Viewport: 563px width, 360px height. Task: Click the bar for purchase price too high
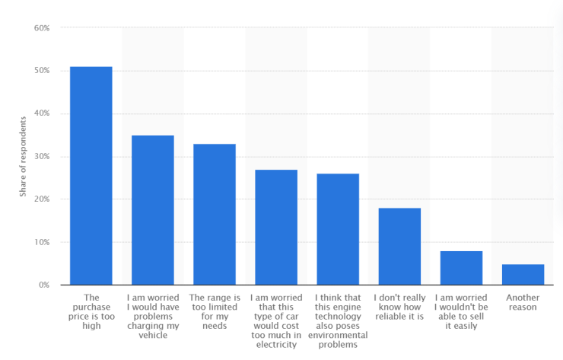91,176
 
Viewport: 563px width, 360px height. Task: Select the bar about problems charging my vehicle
153,210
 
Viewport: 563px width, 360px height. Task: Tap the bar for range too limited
215,215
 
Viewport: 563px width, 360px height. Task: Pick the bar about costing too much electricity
276,228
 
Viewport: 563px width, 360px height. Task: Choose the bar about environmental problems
338,229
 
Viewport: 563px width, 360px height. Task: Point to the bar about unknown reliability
399,247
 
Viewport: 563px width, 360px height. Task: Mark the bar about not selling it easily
461,268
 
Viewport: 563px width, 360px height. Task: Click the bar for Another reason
523,275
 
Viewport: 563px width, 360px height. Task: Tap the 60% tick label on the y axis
41,28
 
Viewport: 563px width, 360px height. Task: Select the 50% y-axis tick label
41,71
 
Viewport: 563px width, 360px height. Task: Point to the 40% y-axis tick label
41,113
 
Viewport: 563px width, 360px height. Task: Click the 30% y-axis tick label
41,157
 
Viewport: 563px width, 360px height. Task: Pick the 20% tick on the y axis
41,199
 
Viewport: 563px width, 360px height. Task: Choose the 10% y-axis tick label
41,242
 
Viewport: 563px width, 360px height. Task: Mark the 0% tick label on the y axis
43,285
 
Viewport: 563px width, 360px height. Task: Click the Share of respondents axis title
24,157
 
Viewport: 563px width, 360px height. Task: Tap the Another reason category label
523,302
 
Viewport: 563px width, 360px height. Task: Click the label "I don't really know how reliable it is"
399,307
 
